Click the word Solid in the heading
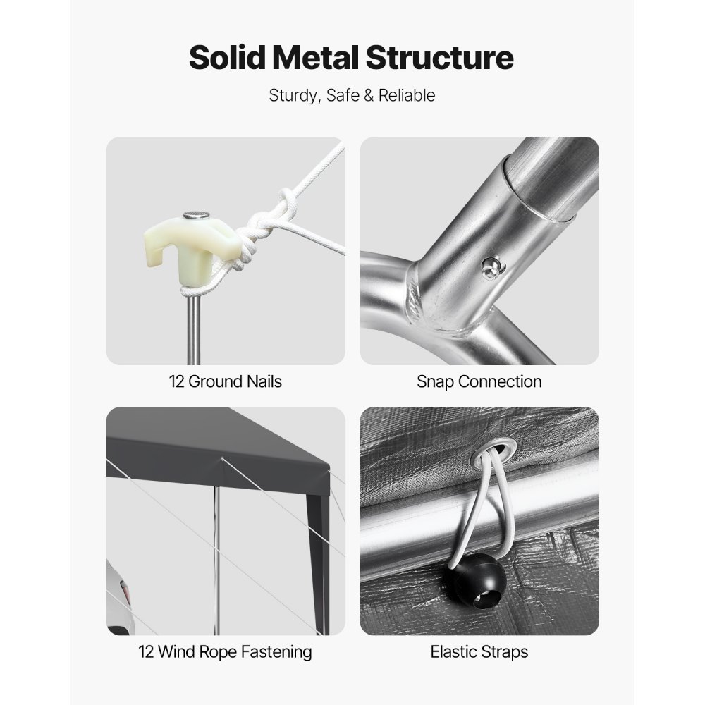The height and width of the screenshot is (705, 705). [227, 58]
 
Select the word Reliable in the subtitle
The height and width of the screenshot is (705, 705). [407, 95]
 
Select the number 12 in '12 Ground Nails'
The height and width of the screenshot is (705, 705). [177, 382]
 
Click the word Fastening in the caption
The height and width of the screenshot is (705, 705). [276, 652]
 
